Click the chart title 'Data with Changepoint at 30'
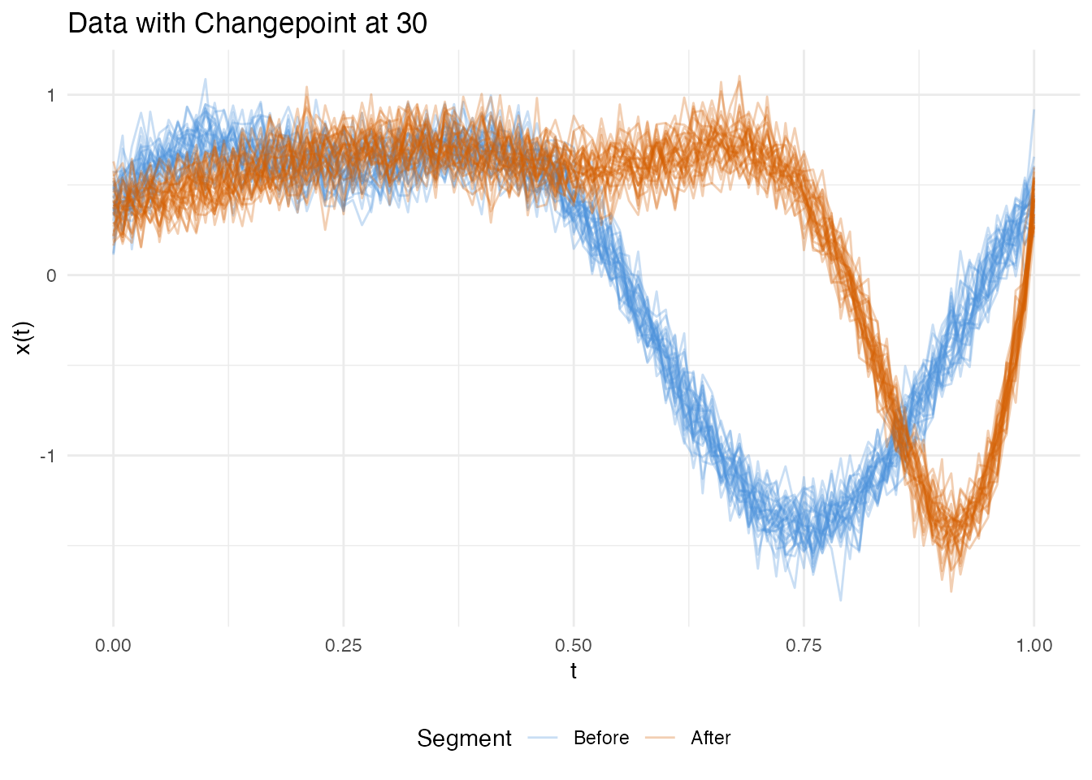click(x=247, y=24)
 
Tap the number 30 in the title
click(x=412, y=24)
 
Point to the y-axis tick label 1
click(x=51, y=95)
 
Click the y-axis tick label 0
click(x=51, y=275)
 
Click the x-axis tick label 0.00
click(x=113, y=646)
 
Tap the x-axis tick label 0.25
click(x=343, y=646)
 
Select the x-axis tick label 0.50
click(x=574, y=646)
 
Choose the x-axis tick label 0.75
click(x=804, y=646)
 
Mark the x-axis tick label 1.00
click(x=1033, y=646)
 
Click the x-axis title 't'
click(x=574, y=671)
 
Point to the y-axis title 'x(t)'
click(x=24, y=338)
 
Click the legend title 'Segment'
click(x=464, y=739)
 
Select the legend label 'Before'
click(x=601, y=739)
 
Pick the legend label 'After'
click(x=710, y=739)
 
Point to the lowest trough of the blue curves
click(x=840, y=600)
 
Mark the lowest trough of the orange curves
click(x=951, y=591)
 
